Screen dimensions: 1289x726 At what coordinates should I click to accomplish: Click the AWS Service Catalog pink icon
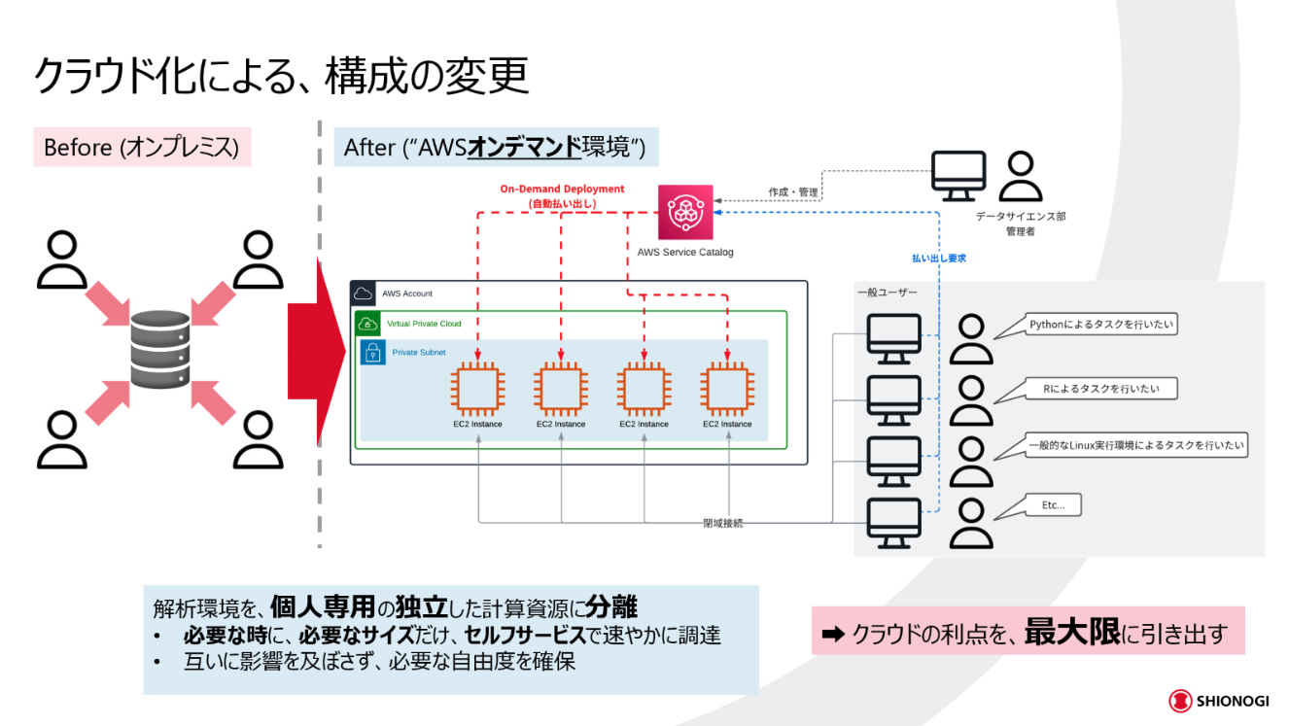685,212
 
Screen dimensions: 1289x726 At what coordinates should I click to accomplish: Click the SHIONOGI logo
1219,701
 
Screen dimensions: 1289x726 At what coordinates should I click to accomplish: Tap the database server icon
160,349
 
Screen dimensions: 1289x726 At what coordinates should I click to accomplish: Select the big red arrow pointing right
317,351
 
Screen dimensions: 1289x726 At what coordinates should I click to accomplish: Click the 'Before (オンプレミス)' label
142,148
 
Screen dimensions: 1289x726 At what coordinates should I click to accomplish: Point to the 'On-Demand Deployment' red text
562,189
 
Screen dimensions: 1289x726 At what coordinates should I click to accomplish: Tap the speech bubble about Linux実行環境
1121,446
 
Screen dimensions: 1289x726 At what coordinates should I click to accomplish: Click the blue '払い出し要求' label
938,259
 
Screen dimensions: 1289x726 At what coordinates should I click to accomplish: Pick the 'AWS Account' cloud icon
364,294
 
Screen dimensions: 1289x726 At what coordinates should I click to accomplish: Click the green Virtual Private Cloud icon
367,324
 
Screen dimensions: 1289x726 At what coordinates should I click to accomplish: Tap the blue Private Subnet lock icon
373,352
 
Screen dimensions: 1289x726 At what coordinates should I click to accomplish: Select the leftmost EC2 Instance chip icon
477,389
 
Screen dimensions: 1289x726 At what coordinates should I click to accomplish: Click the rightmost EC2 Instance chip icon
727,389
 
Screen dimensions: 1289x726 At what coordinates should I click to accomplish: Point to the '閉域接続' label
723,523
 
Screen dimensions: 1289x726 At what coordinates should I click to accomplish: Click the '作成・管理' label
793,192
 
